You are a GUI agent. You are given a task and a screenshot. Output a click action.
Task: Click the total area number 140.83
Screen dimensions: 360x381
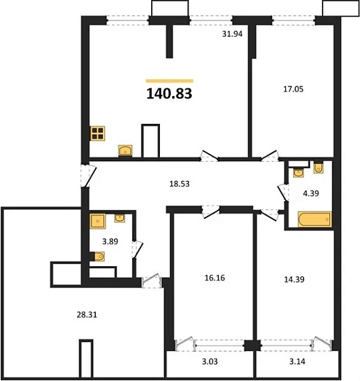pos(169,94)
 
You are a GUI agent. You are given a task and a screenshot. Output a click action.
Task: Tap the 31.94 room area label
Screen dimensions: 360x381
pos(232,34)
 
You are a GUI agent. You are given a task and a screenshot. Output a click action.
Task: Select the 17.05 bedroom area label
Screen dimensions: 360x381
pos(293,89)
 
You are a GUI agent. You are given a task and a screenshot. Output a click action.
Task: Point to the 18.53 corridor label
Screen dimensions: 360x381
pos(180,184)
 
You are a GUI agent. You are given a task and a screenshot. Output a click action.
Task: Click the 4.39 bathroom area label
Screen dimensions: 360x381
pos(311,193)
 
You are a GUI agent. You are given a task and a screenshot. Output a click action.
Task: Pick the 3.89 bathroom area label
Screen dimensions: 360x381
pos(110,242)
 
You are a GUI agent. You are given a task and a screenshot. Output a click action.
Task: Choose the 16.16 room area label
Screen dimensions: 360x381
pos(214,278)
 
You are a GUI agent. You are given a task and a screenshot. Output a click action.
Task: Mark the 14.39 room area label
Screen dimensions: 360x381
pos(294,280)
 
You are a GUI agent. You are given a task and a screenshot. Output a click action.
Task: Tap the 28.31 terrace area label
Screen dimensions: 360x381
pos(87,315)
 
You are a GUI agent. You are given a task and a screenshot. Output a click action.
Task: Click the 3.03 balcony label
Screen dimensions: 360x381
pos(210,361)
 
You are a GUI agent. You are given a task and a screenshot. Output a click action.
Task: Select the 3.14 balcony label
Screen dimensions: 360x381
pos(297,361)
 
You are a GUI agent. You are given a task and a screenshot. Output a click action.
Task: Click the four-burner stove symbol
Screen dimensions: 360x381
pos(97,133)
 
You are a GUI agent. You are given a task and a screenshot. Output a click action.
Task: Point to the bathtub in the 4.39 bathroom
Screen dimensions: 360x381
pos(314,219)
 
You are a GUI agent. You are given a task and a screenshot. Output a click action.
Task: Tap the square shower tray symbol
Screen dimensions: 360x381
pos(98,221)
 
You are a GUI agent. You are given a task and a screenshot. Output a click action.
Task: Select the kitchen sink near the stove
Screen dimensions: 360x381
pos(125,150)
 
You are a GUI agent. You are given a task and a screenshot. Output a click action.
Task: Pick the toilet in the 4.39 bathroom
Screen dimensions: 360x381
pos(318,168)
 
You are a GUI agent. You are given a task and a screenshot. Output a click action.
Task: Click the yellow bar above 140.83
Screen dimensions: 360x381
pos(169,81)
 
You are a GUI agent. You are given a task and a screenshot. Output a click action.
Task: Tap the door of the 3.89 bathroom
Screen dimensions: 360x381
pos(137,249)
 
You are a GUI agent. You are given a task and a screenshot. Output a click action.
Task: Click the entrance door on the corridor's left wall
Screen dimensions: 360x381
pos(88,176)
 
